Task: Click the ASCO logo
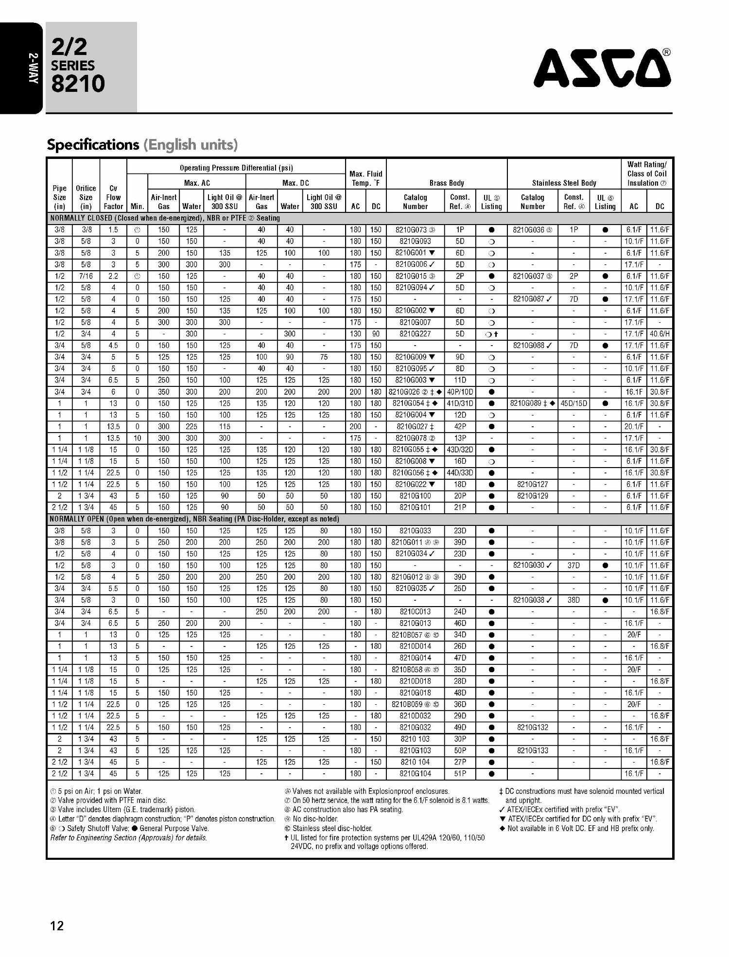tap(602, 68)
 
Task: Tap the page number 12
tap(57, 925)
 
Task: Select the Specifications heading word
tap(93, 145)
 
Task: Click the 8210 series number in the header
tap(78, 84)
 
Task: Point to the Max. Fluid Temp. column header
tap(365, 178)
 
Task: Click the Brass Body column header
tap(447, 183)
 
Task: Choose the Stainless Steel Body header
tap(564, 183)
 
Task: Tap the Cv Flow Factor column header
tap(113, 197)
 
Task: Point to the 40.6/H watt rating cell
tap(660, 334)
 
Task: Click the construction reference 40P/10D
tap(460, 392)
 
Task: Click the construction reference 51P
tap(460, 774)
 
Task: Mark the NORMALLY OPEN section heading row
tap(194, 519)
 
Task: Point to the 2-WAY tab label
tap(33, 68)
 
